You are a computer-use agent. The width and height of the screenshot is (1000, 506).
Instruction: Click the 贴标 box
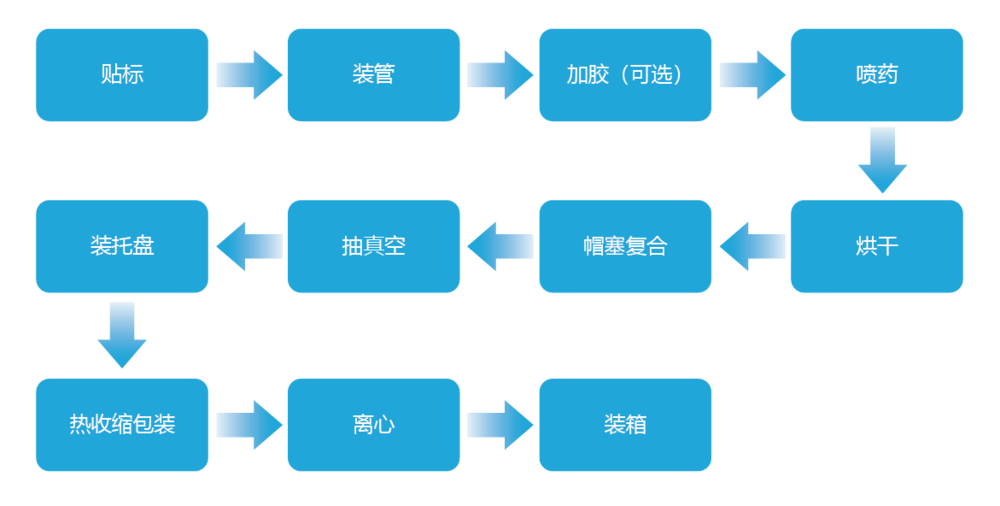tap(122, 75)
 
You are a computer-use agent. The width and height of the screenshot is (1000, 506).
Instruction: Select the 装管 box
tap(374, 75)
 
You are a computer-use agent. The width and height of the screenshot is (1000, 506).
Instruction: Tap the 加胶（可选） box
tap(625, 75)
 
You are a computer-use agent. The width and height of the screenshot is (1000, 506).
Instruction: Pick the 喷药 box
tap(877, 75)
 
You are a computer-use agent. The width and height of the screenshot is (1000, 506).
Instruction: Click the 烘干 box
tap(877, 246)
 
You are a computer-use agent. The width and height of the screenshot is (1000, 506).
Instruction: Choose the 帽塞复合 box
tap(625, 246)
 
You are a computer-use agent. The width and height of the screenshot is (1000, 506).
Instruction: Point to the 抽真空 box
tap(374, 246)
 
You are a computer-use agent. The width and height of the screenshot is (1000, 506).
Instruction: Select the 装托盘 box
tap(122, 246)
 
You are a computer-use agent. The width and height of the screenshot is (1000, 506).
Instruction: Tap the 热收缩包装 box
tap(122, 424)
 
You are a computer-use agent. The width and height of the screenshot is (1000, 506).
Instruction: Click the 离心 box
tap(374, 424)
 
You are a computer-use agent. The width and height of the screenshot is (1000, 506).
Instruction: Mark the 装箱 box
tap(625, 424)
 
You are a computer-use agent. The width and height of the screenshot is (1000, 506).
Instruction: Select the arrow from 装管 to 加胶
tap(500, 75)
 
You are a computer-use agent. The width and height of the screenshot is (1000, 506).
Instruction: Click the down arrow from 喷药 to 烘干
tap(882, 160)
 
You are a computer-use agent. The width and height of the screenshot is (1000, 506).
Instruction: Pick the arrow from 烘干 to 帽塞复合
tap(752, 246)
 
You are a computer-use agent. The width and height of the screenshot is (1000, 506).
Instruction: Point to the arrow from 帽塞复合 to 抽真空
tap(500, 246)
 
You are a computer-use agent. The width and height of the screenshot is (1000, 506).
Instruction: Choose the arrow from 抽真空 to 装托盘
tap(249, 246)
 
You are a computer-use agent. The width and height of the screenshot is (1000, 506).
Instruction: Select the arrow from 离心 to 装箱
tap(500, 424)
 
